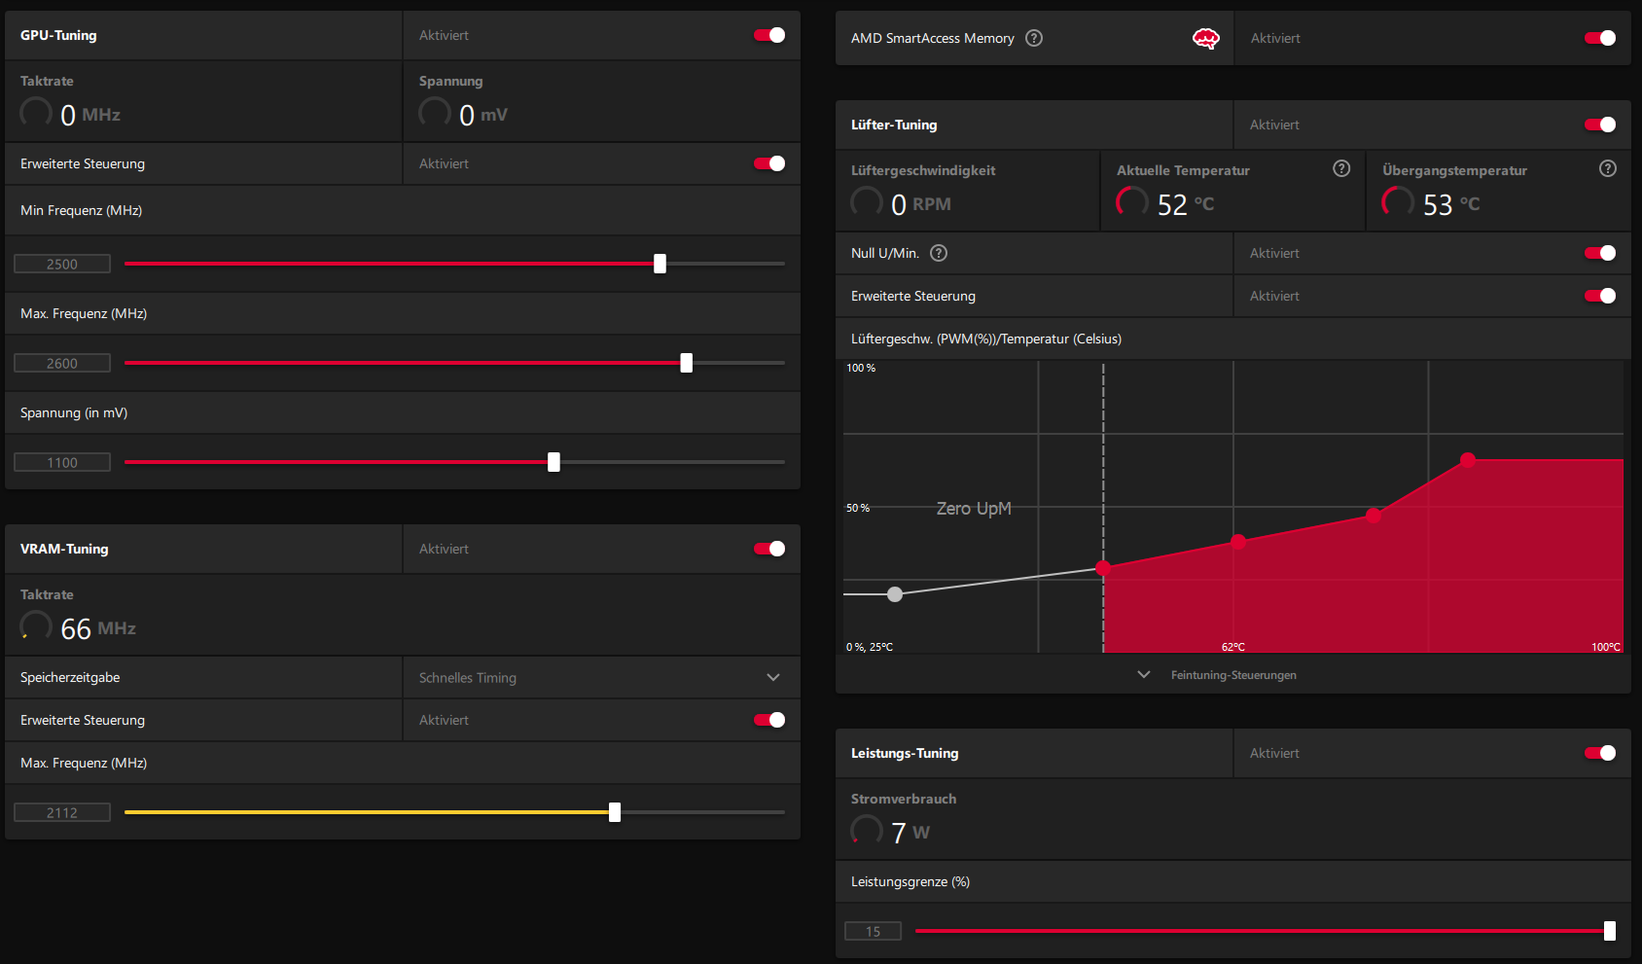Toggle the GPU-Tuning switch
[x=769, y=35]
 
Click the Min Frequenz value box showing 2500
[x=62, y=264]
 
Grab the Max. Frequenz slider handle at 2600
[x=687, y=363]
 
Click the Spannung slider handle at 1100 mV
[x=553, y=462]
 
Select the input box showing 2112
[x=62, y=812]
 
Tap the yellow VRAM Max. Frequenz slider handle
[x=615, y=812]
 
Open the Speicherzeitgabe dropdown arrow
[x=773, y=677]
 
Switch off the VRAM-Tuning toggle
[x=769, y=549]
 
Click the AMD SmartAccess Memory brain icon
[x=1205, y=38]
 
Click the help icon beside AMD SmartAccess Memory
[x=1034, y=38]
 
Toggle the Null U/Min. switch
[x=1600, y=253]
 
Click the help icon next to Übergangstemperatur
[x=1608, y=168]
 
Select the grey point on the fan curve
[x=895, y=594]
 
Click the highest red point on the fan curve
[x=1468, y=460]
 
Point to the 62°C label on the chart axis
[x=1233, y=647]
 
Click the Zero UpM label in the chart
[x=974, y=509]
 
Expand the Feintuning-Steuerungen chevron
[x=1144, y=674]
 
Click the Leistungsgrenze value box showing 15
[x=873, y=931]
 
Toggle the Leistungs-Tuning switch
[x=1600, y=753]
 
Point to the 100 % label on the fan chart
[x=861, y=368]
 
